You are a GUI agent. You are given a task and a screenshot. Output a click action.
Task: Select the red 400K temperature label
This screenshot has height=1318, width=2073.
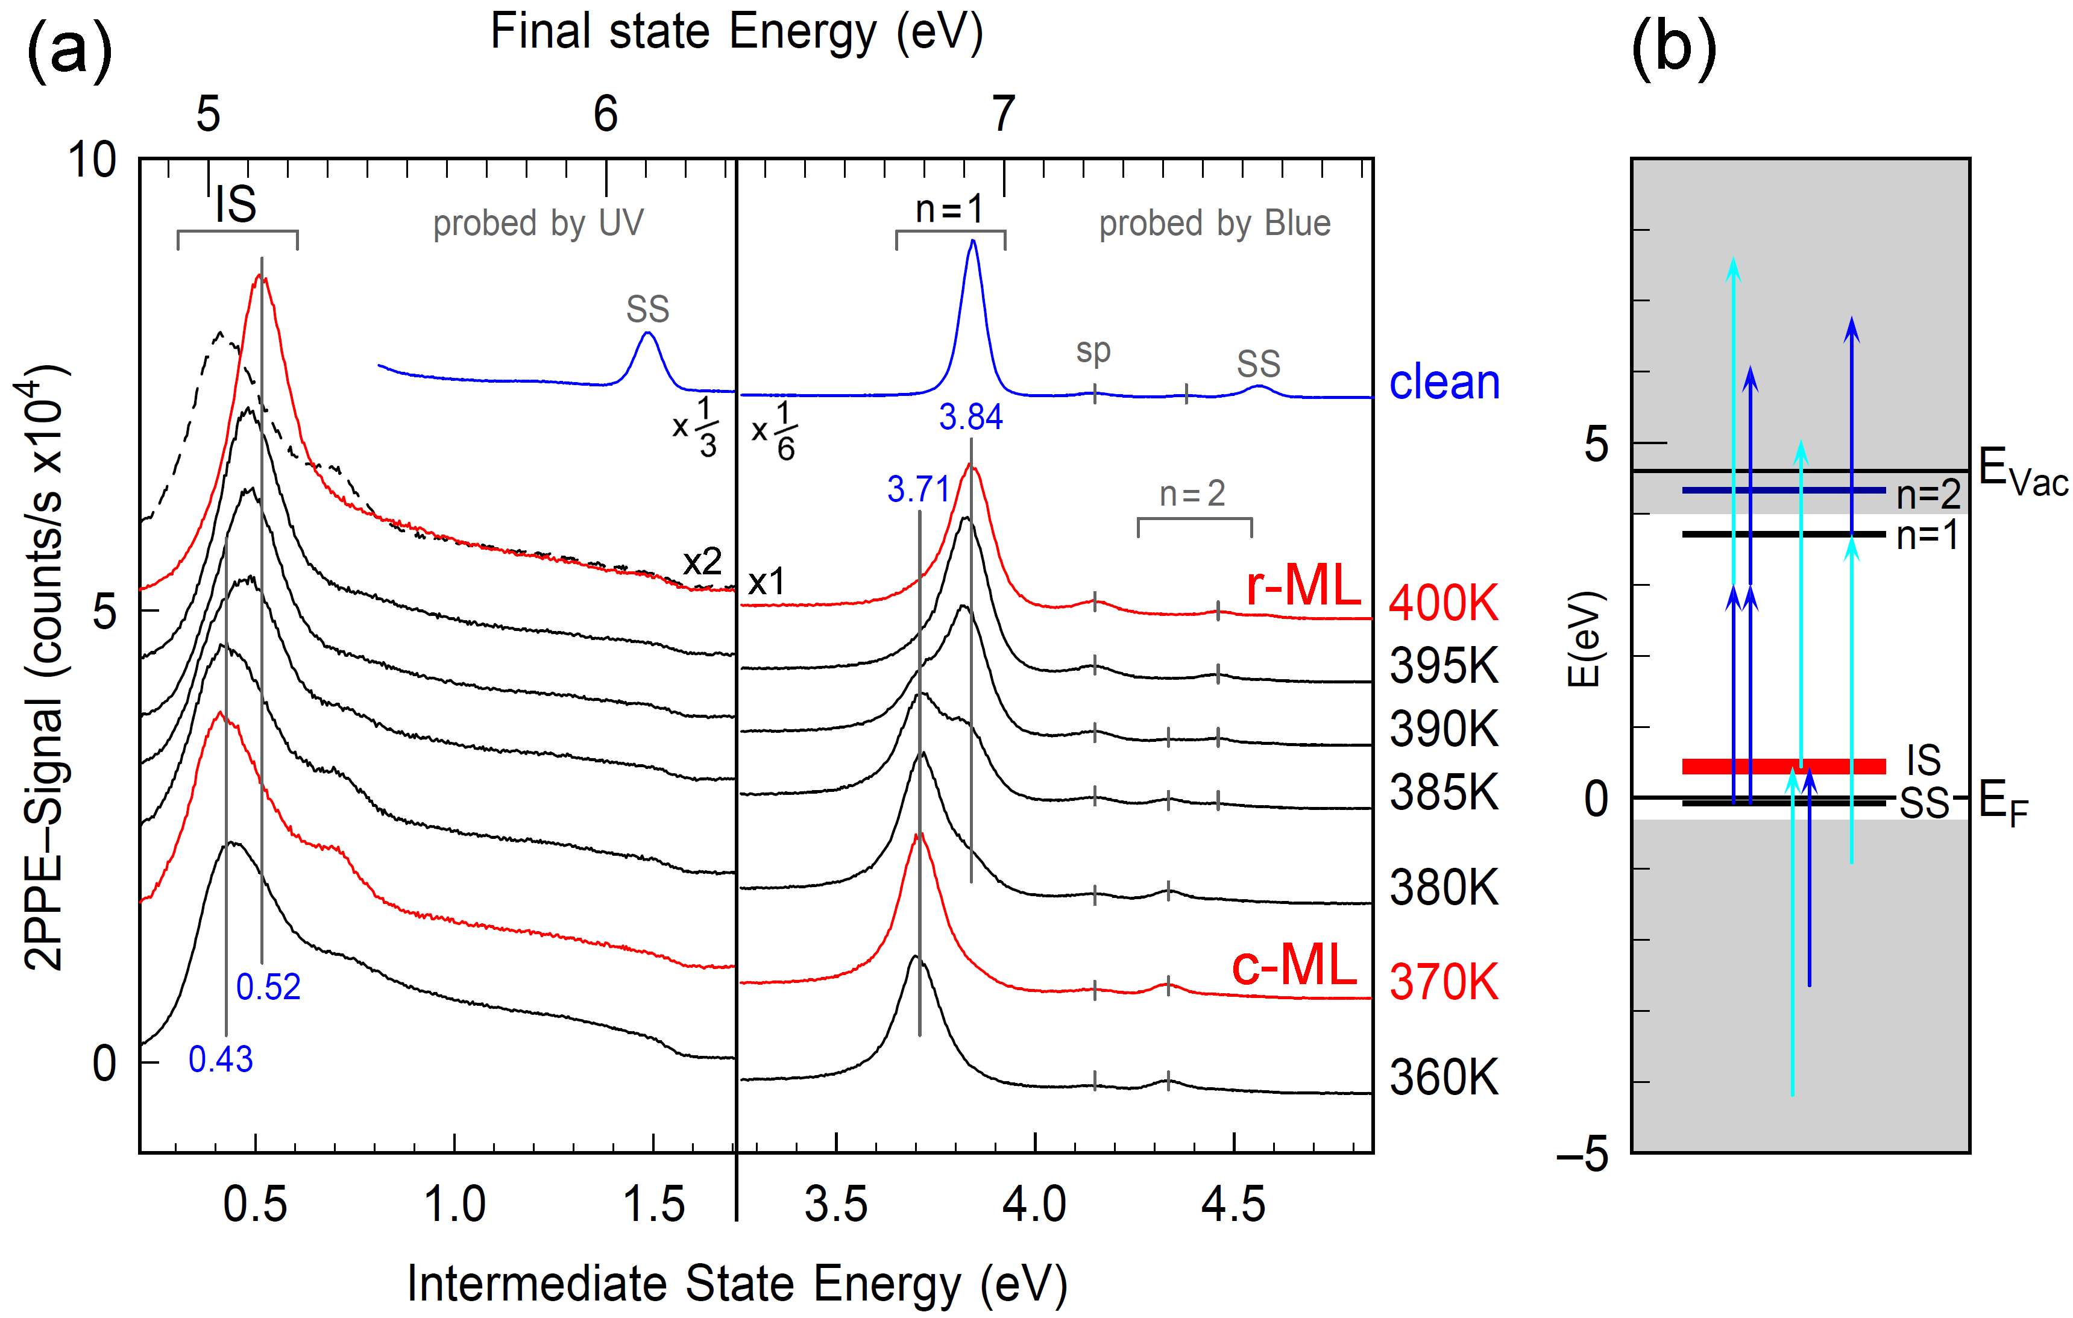(1444, 603)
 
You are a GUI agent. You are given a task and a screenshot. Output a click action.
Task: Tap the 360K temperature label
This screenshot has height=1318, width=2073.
(1444, 1077)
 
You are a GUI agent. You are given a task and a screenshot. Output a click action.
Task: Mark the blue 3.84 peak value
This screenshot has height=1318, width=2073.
(970, 418)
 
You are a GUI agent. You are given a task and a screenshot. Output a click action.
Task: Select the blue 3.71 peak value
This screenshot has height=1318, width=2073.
(917, 490)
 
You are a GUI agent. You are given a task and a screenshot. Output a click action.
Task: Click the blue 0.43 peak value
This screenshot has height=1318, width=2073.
(221, 1059)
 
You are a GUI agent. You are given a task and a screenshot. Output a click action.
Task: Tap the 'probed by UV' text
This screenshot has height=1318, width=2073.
(538, 224)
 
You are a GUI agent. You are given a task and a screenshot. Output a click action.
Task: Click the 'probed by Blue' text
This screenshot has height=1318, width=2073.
(1214, 224)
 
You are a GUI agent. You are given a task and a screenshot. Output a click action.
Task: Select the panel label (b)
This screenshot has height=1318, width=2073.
(1673, 48)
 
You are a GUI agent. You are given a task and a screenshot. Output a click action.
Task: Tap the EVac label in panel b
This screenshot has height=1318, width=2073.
(2021, 472)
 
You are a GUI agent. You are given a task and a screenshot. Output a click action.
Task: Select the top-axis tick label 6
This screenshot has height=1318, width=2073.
(606, 114)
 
